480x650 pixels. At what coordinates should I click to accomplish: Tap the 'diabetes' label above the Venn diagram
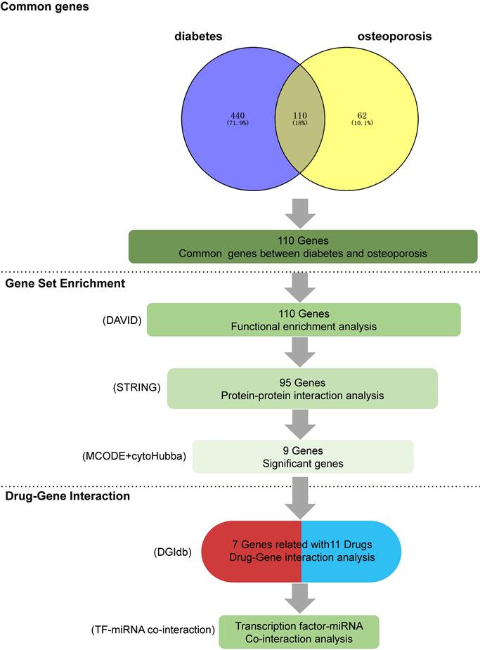point(199,37)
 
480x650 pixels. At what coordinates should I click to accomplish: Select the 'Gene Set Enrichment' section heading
point(55,283)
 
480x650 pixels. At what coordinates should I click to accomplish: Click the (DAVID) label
point(122,320)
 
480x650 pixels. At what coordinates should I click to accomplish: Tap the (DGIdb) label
point(173,552)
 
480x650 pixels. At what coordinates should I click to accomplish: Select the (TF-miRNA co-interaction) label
point(153,630)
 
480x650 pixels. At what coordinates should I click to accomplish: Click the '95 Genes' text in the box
point(302,382)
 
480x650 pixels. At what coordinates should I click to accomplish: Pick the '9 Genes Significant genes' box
point(302,456)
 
